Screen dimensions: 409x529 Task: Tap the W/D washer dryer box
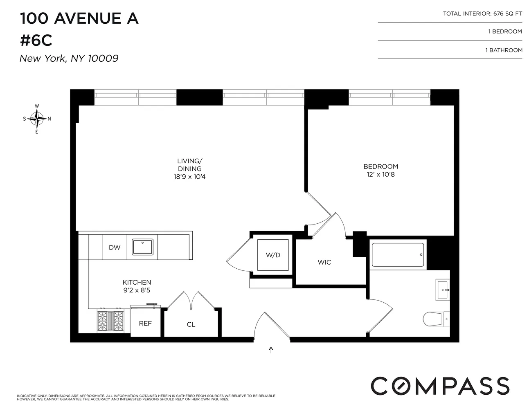[x=273, y=255]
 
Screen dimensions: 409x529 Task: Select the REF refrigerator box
[x=145, y=324]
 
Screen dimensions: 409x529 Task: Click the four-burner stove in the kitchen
[x=110, y=321]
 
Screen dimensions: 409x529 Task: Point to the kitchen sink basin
[x=142, y=247]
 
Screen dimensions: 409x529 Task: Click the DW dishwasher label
[x=115, y=247]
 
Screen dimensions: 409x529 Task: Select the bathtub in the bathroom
[x=398, y=255]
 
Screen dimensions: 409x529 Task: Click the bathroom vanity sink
[x=443, y=290]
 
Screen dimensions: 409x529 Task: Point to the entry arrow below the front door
[x=271, y=350]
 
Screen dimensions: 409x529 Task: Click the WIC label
[x=324, y=262]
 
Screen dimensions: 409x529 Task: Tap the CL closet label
[x=191, y=325]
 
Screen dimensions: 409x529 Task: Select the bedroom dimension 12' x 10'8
[x=380, y=175]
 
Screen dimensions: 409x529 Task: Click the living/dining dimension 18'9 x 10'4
[x=189, y=177]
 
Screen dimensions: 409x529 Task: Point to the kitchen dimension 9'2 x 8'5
[x=137, y=290]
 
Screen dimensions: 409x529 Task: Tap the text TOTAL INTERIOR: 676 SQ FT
[x=482, y=13]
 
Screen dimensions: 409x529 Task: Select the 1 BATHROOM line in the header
[x=504, y=50]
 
